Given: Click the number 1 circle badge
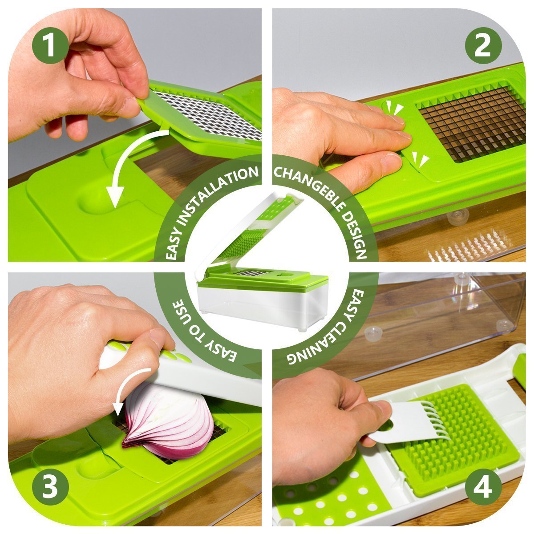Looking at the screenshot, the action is coord(50,46).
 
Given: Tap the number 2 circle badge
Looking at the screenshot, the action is coord(483,46).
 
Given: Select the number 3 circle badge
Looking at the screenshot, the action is coord(50,487).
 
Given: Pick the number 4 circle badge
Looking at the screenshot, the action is coord(483,487).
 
